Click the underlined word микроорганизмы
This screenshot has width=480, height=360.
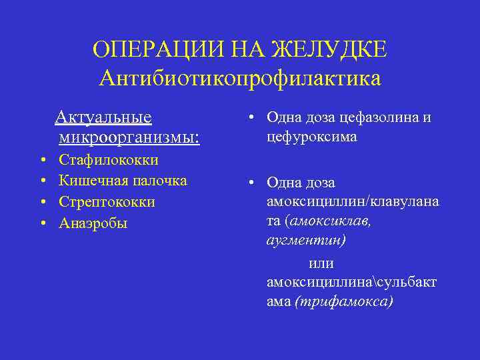(128, 138)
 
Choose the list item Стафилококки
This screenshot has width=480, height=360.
(109, 160)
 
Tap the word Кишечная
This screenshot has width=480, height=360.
(89, 181)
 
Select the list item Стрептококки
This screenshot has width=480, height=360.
(107, 201)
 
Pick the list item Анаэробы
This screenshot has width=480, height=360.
(93, 223)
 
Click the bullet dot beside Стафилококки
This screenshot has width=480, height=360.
(43, 161)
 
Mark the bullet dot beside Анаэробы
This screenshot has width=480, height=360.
(43, 223)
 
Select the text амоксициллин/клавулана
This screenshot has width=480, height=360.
(353, 202)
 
